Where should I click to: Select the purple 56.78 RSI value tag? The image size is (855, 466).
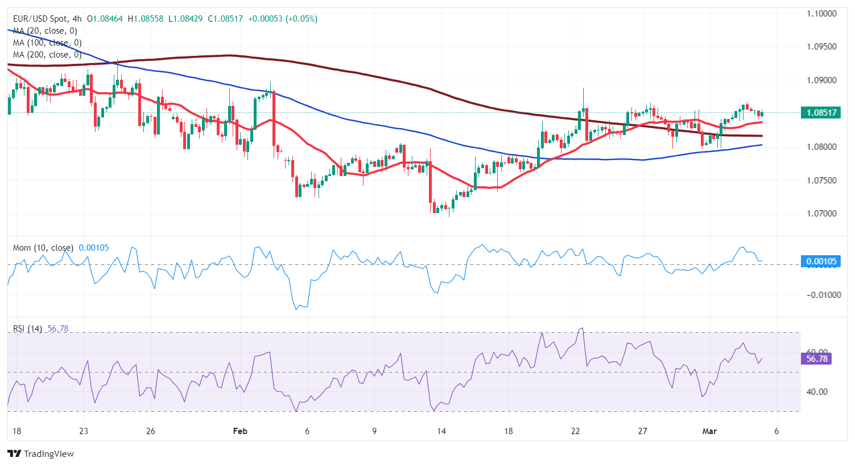pyautogui.click(x=817, y=358)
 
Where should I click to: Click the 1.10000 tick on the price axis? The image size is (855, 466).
pyautogui.click(x=821, y=14)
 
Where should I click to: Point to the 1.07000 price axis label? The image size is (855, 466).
pyautogui.click(x=821, y=214)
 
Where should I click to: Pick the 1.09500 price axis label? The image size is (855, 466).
pyautogui.click(x=821, y=47)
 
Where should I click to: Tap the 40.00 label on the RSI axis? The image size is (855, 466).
pyautogui.click(x=816, y=392)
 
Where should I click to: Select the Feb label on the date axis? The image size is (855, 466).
pyautogui.click(x=240, y=431)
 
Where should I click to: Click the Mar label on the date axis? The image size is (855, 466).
pyautogui.click(x=709, y=431)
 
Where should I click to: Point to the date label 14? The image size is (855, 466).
pyautogui.click(x=441, y=431)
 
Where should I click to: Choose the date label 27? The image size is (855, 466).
pyautogui.click(x=642, y=431)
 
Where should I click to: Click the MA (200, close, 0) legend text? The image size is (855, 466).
pyautogui.click(x=47, y=55)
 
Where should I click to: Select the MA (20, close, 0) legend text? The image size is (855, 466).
pyautogui.click(x=45, y=31)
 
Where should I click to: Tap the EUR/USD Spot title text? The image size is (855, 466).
pyautogui.click(x=40, y=19)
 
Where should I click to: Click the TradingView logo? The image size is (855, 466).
pyautogui.click(x=41, y=453)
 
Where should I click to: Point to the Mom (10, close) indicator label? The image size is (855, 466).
pyautogui.click(x=43, y=248)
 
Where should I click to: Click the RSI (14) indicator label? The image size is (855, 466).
pyautogui.click(x=27, y=329)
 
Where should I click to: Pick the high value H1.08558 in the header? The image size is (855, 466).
pyautogui.click(x=145, y=19)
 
